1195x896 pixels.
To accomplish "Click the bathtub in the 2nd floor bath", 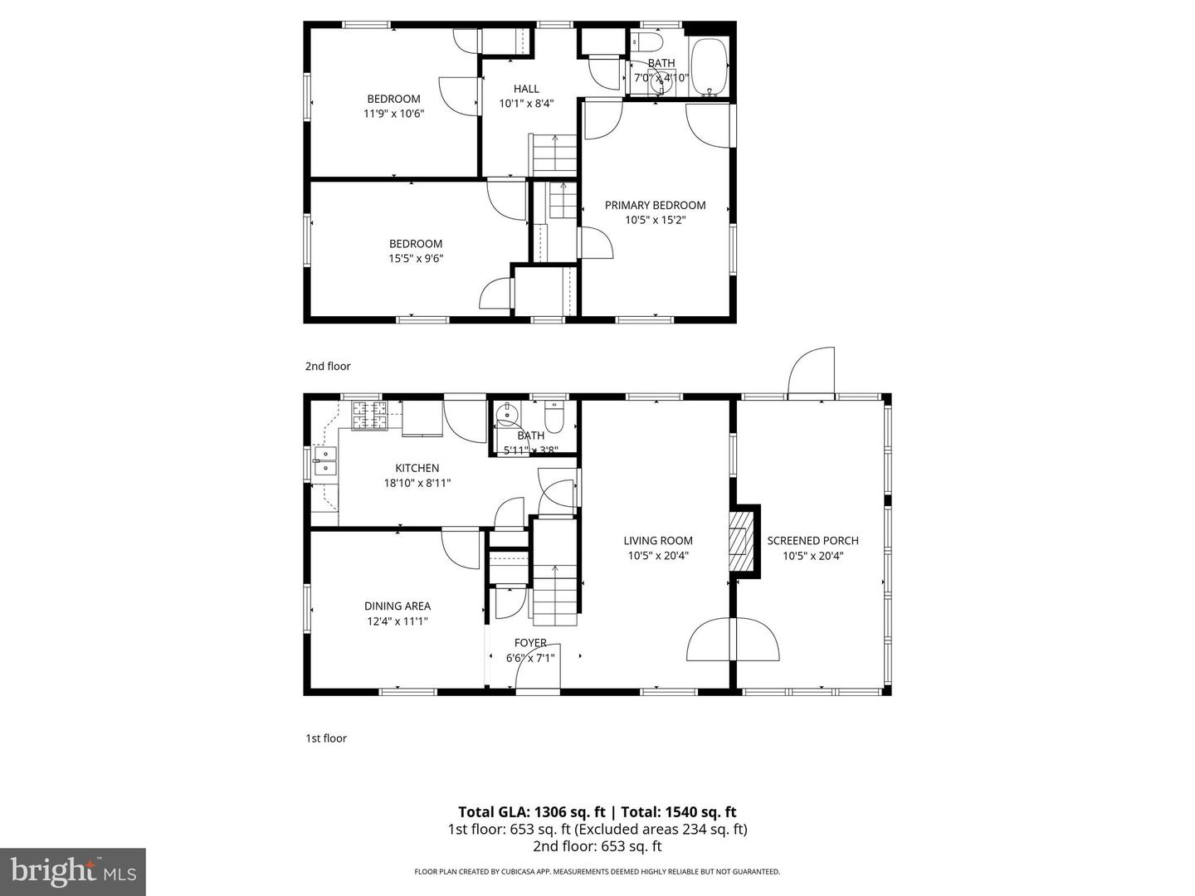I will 709,67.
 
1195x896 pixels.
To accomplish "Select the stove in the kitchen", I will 369,416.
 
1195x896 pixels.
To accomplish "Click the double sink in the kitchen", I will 325,461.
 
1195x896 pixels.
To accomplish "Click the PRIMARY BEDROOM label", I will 655,205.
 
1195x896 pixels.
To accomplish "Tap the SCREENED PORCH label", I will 812,540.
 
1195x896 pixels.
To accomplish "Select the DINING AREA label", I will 397,606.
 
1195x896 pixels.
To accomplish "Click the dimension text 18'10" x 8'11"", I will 417,483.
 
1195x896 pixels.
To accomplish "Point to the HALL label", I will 525,89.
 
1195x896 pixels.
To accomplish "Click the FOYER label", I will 530,642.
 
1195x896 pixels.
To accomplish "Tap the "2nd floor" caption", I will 328,366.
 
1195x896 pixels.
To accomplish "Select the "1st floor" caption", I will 326,738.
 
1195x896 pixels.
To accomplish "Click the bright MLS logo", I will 73,871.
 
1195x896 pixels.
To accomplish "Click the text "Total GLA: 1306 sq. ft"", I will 531,812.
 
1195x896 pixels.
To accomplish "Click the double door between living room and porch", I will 734,640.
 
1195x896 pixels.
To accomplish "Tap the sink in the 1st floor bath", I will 506,416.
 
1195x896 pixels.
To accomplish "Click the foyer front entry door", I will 538,667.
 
